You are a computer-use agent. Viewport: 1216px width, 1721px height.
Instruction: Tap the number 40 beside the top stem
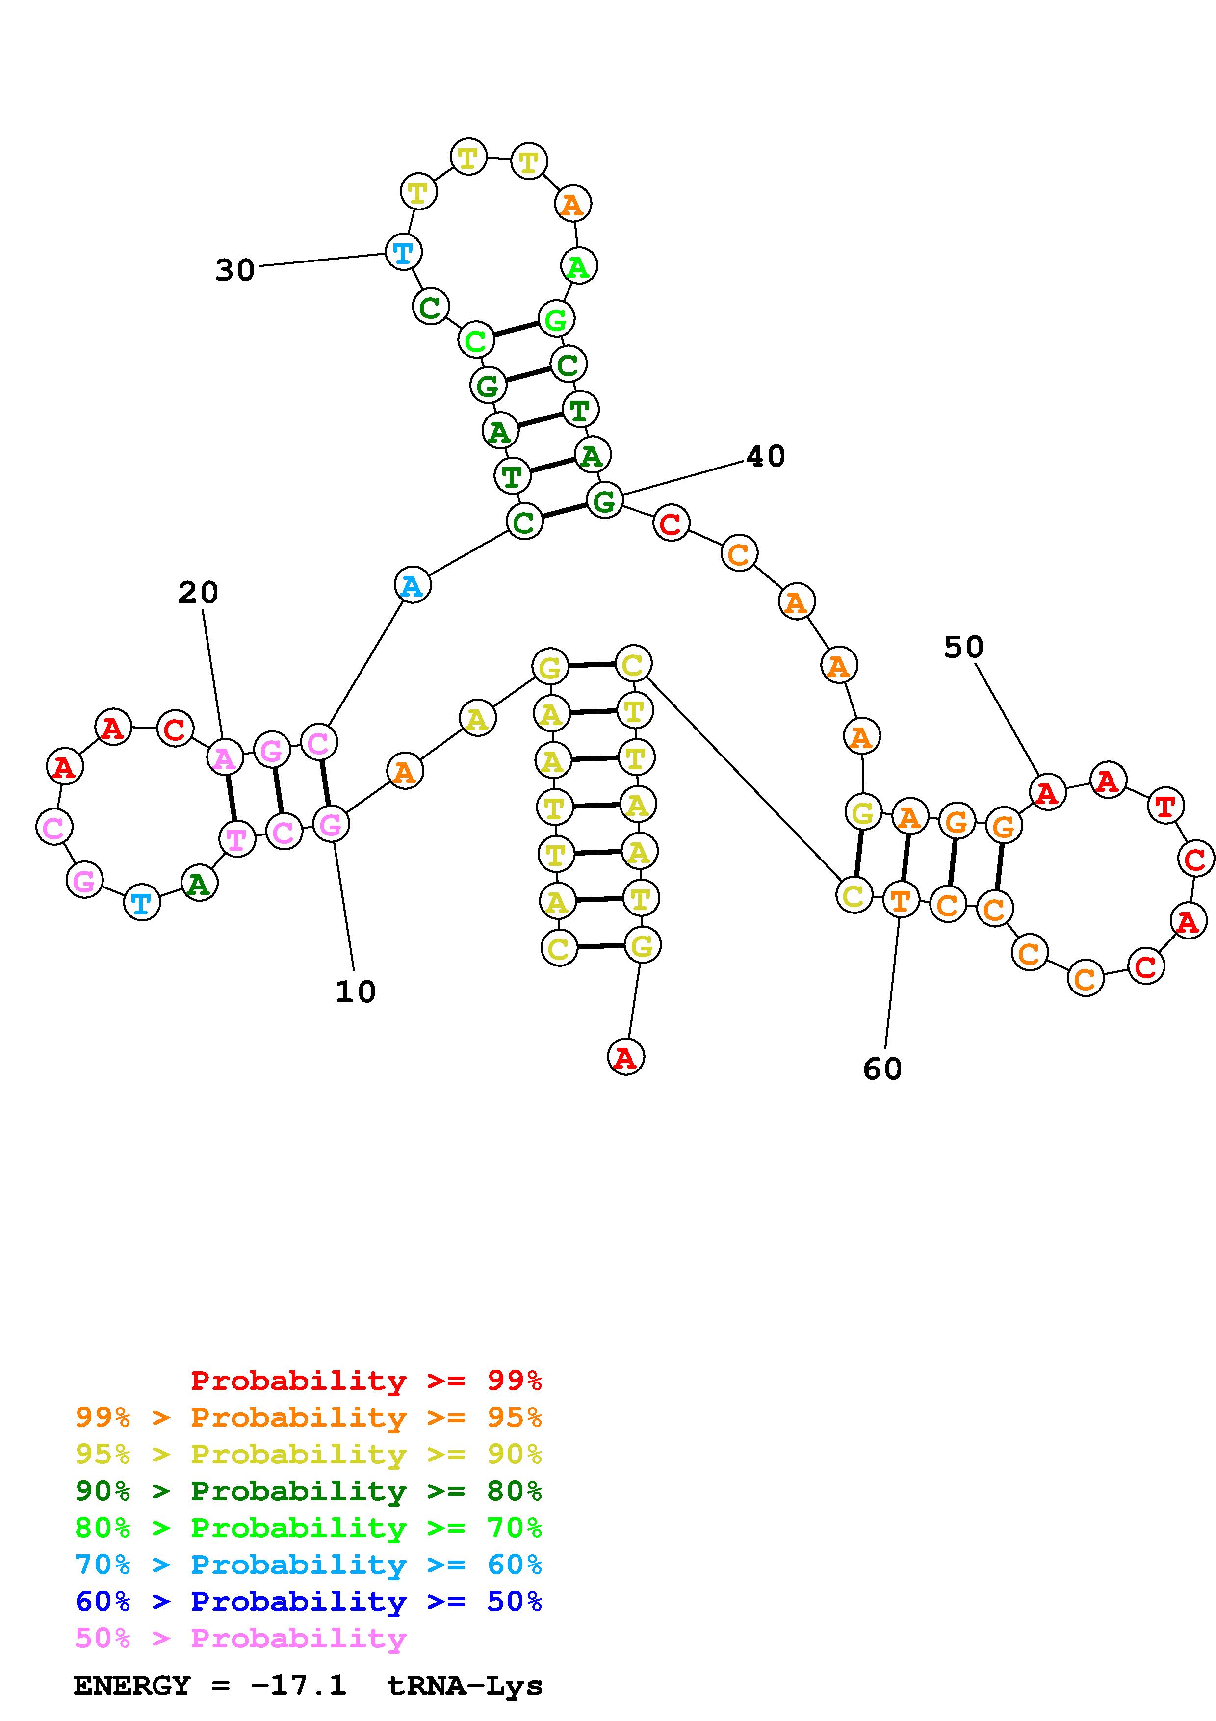(x=766, y=456)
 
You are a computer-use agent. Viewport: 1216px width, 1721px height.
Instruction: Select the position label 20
(x=198, y=593)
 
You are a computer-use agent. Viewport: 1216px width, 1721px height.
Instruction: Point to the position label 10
(x=355, y=991)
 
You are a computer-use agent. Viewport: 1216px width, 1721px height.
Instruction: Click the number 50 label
(x=963, y=647)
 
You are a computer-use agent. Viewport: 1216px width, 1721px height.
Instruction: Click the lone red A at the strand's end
(x=625, y=1057)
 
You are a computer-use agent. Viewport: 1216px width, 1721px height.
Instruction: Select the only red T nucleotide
(x=1165, y=807)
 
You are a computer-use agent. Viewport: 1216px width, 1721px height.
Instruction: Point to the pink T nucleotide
(x=237, y=839)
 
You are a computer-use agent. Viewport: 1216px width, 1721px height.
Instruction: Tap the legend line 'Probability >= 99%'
(x=366, y=1381)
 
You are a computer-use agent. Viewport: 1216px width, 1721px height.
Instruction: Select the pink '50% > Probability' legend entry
(x=240, y=1639)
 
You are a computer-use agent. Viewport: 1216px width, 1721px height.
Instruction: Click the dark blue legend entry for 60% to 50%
(x=309, y=1602)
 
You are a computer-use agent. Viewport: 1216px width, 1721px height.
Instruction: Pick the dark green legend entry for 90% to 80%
(x=309, y=1491)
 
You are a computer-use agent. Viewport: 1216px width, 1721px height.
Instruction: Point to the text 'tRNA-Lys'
(x=465, y=1686)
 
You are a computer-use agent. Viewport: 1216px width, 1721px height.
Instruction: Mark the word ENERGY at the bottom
(x=132, y=1686)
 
